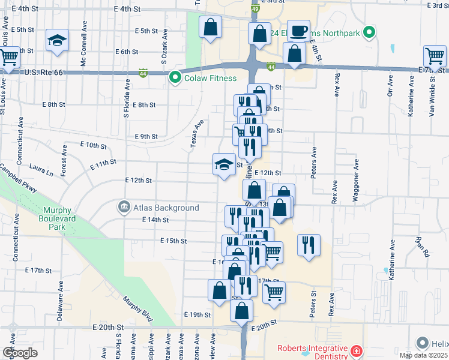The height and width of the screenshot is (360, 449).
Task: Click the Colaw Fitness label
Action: click(211, 77)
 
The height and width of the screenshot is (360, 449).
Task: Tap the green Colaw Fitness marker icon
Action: click(175, 77)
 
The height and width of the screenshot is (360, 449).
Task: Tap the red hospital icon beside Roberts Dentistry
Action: click(357, 349)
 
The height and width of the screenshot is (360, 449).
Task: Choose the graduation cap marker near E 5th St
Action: click(58, 40)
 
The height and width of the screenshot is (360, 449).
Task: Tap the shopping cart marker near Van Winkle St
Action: click(435, 56)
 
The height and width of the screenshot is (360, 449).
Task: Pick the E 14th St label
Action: click(155, 220)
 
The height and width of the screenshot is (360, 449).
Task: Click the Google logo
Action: click(20, 353)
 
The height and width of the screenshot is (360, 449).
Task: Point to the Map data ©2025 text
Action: click(423, 355)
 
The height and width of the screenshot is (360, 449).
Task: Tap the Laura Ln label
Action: click(41, 171)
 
